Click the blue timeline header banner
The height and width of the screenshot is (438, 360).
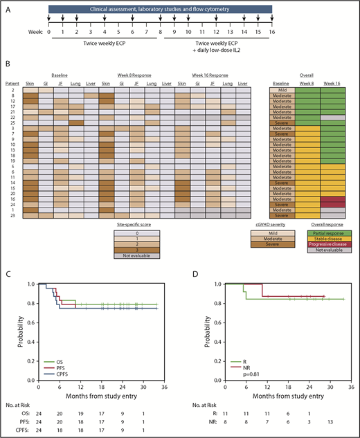161,8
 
